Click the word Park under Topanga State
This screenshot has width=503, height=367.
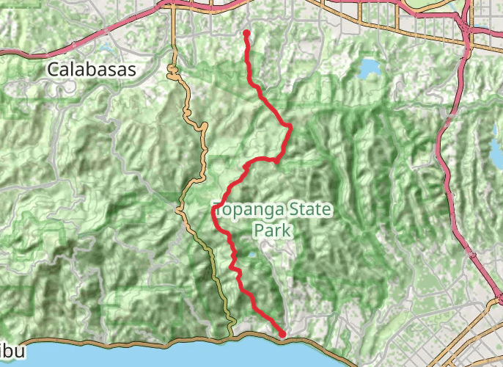[273, 230]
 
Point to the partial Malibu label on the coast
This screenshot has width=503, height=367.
[12, 352]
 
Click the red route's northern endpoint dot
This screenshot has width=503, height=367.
[246, 32]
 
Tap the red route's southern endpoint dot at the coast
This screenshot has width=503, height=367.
[282, 334]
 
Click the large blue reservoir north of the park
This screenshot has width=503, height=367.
[367, 69]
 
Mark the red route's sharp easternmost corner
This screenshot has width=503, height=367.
[291, 126]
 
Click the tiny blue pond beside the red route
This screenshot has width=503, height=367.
[251, 255]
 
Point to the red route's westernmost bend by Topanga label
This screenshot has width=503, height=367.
[214, 211]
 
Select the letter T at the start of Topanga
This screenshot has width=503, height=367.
[217, 208]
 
